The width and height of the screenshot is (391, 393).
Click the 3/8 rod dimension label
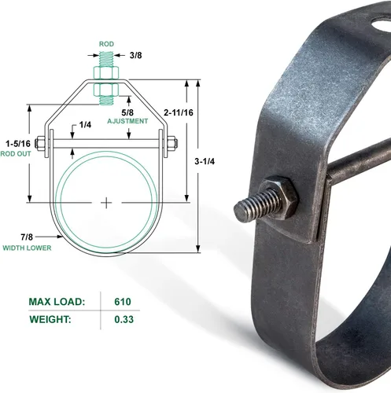point(135,55)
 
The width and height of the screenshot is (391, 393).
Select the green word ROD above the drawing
point(106,44)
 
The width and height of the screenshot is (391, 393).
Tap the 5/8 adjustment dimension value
point(127,112)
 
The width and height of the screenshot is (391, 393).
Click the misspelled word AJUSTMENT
point(127,121)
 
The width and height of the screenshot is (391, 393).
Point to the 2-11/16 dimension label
point(179,112)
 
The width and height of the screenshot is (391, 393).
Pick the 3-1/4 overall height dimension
point(205,161)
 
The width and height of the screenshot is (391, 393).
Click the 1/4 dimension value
point(85,125)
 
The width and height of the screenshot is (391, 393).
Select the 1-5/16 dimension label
point(18,144)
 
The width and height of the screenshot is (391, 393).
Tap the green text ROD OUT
point(16,154)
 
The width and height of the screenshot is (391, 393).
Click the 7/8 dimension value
point(27,237)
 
